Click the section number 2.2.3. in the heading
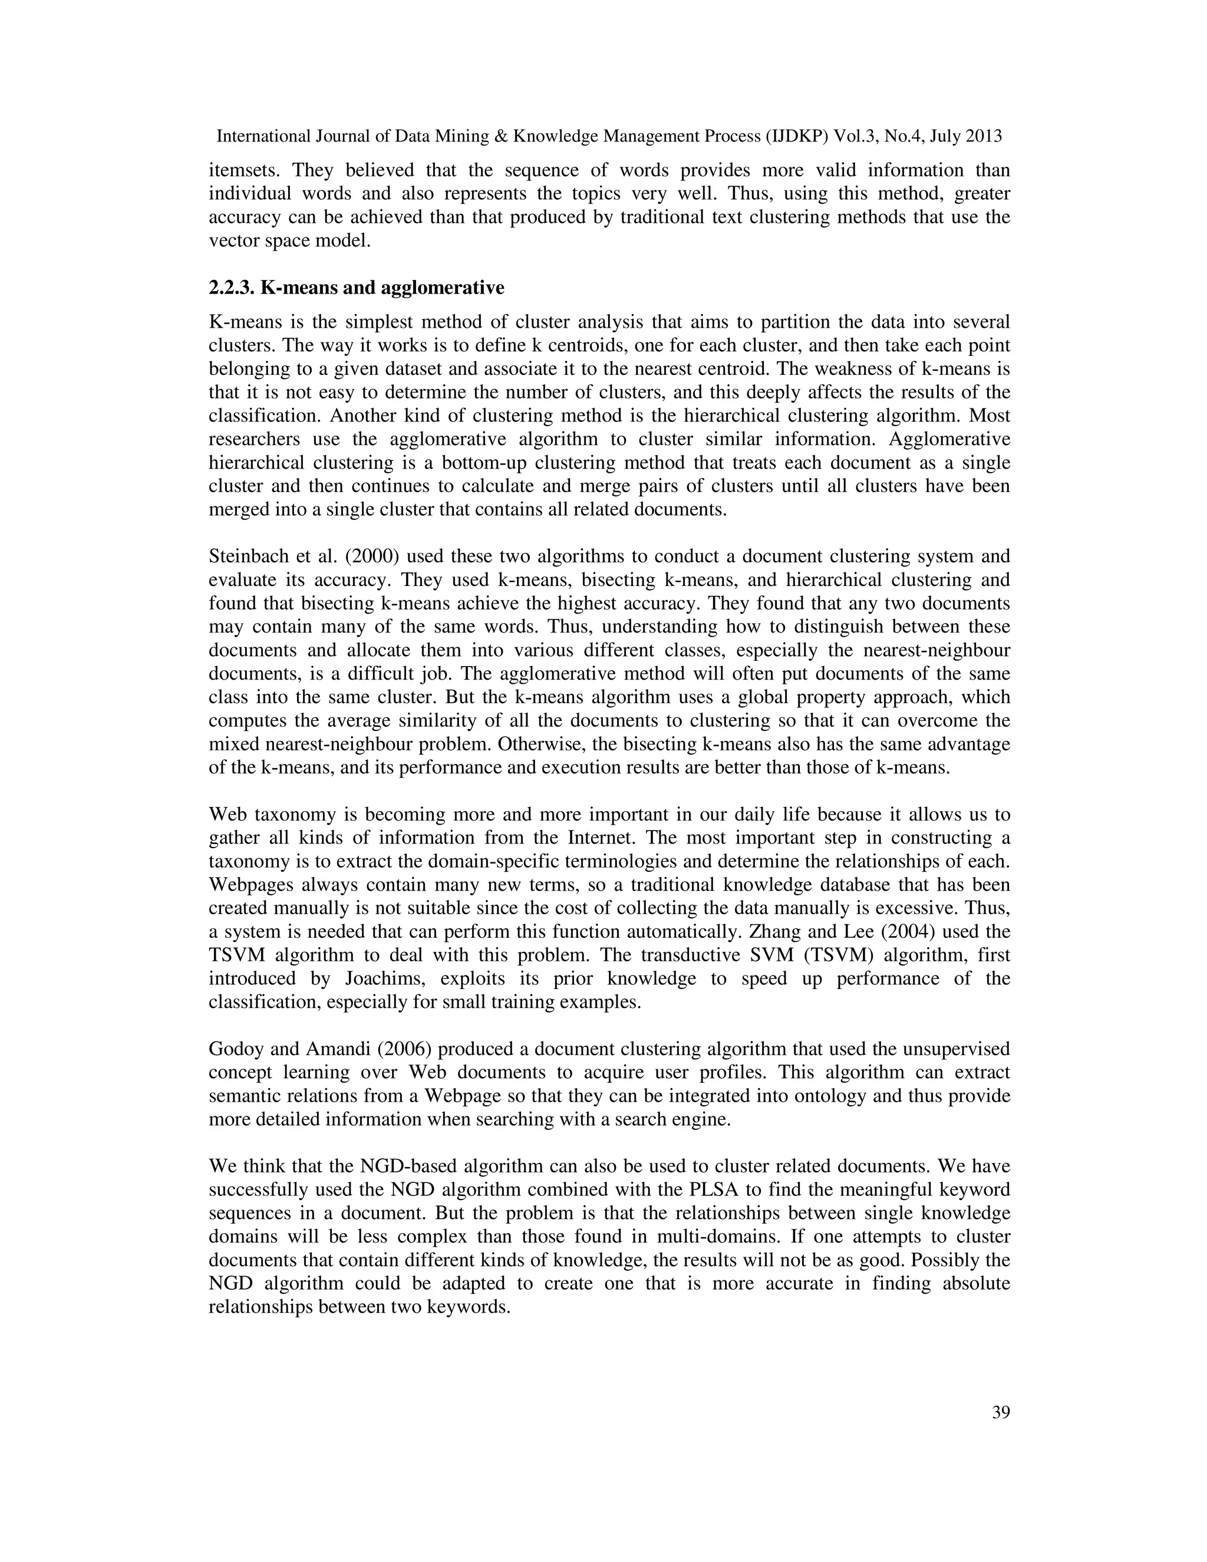pyautogui.click(x=231, y=288)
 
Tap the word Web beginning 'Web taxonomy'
pyautogui.click(x=226, y=815)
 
